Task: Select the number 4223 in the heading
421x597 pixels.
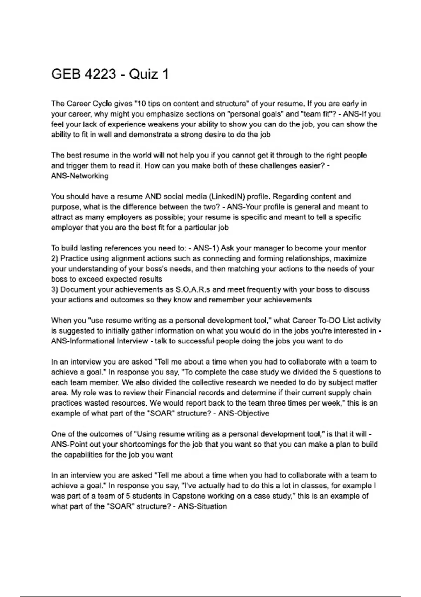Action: (101, 74)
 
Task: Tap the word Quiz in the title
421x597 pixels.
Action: (142, 74)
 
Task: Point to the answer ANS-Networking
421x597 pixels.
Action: (80, 176)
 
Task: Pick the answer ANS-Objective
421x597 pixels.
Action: (243, 413)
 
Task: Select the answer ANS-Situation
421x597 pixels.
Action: (202, 506)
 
